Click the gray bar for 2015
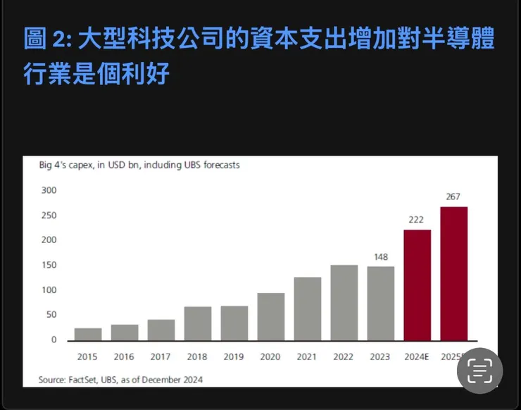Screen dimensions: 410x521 click(x=88, y=334)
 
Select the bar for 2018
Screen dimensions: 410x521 click(x=198, y=323)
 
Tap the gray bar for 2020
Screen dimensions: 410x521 click(x=271, y=316)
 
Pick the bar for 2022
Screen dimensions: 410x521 click(x=344, y=302)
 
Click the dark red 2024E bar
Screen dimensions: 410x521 click(x=417, y=285)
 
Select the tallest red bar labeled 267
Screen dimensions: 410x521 click(x=453, y=273)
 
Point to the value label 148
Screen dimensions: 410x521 click(x=380, y=256)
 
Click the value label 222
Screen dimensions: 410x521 click(x=417, y=219)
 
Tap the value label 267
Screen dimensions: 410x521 click(x=453, y=197)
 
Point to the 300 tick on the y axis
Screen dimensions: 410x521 click(x=49, y=190)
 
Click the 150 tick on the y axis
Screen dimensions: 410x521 click(x=49, y=265)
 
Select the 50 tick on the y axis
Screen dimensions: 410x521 click(x=51, y=315)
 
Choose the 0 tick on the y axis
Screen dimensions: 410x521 click(x=53, y=340)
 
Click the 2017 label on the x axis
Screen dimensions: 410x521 click(x=161, y=356)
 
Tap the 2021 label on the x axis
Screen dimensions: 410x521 click(x=307, y=356)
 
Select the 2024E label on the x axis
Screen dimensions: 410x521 click(x=417, y=356)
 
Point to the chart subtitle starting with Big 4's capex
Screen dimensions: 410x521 click(x=139, y=166)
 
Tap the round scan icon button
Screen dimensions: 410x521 click(x=479, y=370)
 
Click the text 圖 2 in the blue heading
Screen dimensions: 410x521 click(x=44, y=39)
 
